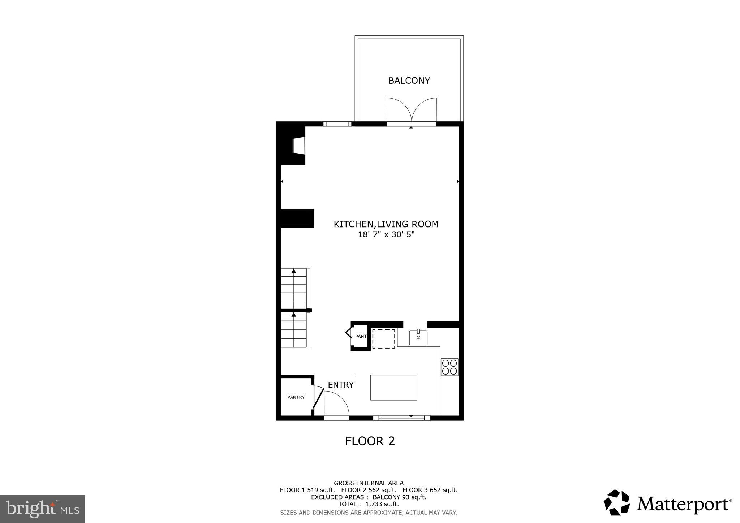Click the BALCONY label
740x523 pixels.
(409, 81)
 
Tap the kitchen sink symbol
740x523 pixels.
(418, 338)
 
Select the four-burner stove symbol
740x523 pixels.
(449, 367)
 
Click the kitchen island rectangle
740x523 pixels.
(393, 387)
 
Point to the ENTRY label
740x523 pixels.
(340, 385)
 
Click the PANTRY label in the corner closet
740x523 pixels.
(296, 397)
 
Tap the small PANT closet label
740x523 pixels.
(361, 336)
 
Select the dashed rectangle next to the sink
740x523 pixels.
(383, 339)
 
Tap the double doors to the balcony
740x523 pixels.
(412, 111)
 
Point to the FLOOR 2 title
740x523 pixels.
(370, 441)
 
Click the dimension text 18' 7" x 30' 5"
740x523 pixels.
(386, 235)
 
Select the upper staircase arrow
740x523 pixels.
(294, 271)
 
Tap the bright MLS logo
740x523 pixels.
(43, 509)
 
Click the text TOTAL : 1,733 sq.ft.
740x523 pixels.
(369, 504)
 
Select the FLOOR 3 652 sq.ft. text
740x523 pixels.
(430, 490)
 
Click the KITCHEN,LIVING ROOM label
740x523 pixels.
(386, 224)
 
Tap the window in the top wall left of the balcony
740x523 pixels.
(337, 124)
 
